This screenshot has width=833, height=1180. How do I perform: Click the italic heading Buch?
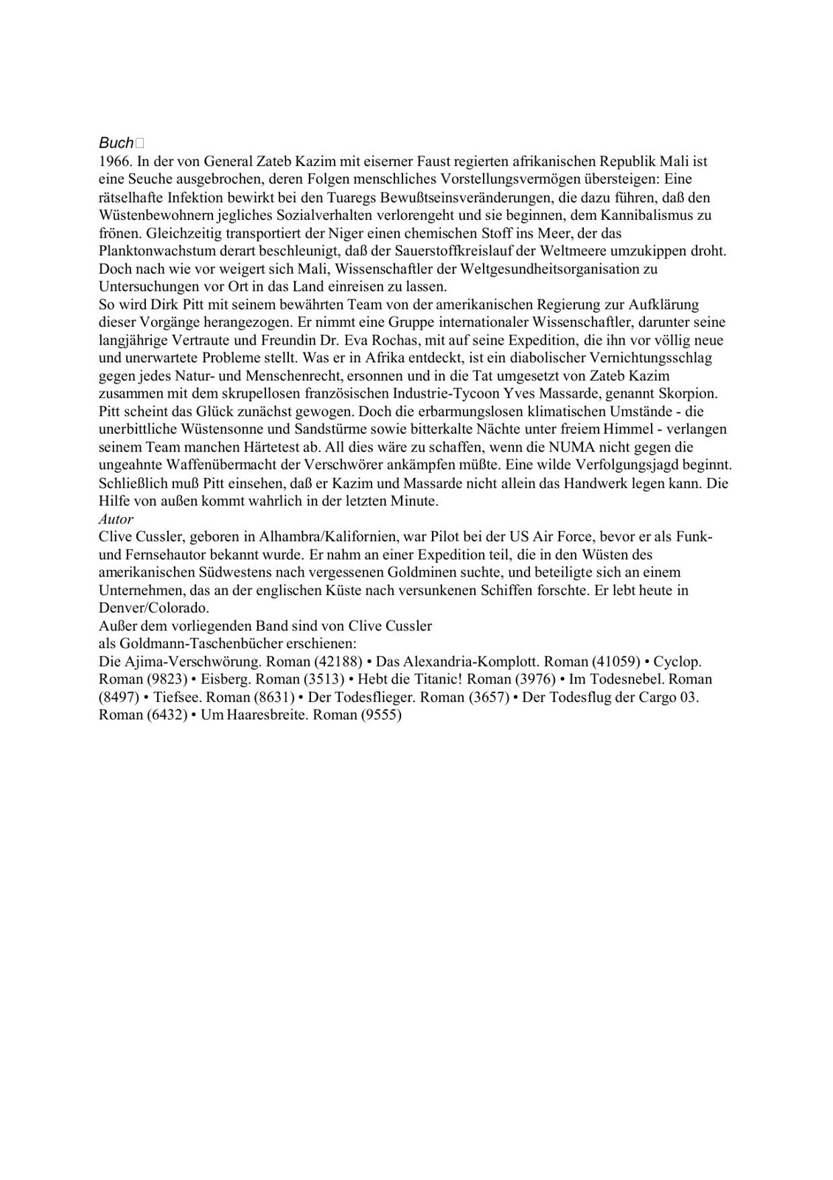point(116,143)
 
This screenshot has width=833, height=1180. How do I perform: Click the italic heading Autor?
point(116,519)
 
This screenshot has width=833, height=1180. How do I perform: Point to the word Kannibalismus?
point(648,215)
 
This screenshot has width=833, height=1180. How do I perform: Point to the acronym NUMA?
point(575,447)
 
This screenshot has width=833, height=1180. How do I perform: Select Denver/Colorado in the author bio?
point(153,608)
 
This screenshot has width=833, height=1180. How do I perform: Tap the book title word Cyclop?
point(677,662)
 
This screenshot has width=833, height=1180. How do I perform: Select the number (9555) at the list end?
point(380,715)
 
